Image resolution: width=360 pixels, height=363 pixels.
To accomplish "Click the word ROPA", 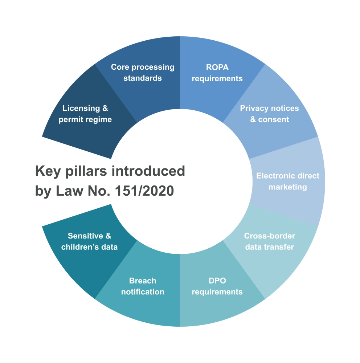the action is [217, 68].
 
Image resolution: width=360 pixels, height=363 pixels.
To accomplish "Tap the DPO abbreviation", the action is [217, 281].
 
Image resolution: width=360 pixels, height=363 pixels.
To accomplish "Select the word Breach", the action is [143, 281].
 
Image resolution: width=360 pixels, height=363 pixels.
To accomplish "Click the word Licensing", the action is [81, 108].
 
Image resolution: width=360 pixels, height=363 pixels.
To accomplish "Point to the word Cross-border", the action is [270, 236].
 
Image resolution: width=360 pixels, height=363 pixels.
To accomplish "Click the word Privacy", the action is [254, 108].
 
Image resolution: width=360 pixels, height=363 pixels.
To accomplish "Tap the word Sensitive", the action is [85, 236].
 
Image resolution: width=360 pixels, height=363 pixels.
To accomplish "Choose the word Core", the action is [120, 67].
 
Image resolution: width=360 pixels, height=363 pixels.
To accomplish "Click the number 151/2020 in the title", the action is [144, 191].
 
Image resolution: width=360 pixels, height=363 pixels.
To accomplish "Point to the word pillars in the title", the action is [86, 171].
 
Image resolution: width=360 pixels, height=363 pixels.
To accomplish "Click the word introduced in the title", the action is [148, 171].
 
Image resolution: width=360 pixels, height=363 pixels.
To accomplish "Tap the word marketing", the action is [287, 187].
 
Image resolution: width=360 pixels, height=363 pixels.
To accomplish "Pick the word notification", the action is [143, 292].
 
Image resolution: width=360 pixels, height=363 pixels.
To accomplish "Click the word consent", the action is [273, 119].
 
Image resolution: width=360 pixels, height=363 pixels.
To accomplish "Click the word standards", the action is [143, 78].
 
